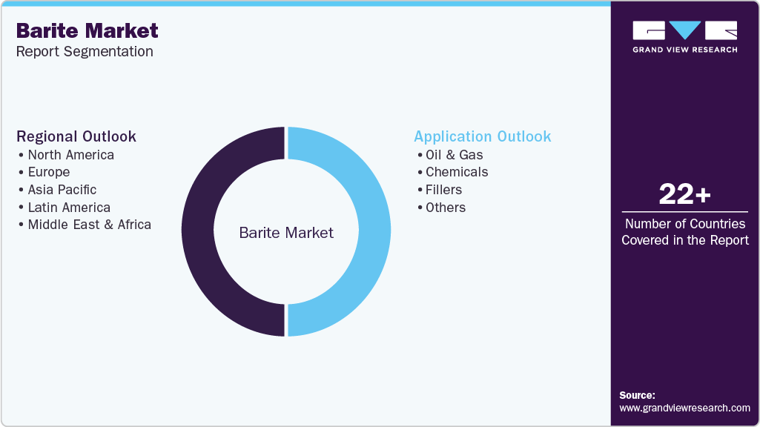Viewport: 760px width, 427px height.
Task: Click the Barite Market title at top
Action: [x=87, y=30]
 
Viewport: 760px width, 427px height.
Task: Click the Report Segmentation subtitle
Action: [x=85, y=52]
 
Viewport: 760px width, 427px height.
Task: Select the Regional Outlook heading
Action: [x=76, y=136]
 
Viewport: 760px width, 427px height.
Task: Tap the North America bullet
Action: [x=70, y=155]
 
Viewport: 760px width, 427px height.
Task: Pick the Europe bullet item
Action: [x=49, y=172]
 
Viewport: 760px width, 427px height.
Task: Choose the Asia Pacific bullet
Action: [x=62, y=190]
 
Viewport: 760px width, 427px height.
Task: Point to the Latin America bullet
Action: [x=69, y=208]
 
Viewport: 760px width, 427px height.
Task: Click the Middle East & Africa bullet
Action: [x=89, y=225]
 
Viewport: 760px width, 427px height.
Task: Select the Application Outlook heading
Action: [x=483, y=136]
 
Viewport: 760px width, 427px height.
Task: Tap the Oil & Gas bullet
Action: [x=454, y=155]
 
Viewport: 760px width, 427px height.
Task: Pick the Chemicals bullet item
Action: [x=457, y=172]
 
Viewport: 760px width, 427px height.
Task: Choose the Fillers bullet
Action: [x=443, y=190]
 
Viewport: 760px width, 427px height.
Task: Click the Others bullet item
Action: [x=446, y=208]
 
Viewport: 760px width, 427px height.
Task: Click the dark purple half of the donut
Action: [x=197, y=231]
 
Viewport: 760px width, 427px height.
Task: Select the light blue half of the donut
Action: [x=375, y=231]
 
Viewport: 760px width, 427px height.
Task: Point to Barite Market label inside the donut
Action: [x=286, y=233]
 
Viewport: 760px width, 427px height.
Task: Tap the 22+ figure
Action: [x=684, y=195]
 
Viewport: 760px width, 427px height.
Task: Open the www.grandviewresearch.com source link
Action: [x=684, y=408]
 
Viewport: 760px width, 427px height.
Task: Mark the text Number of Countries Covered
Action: [x=684, y=231]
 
